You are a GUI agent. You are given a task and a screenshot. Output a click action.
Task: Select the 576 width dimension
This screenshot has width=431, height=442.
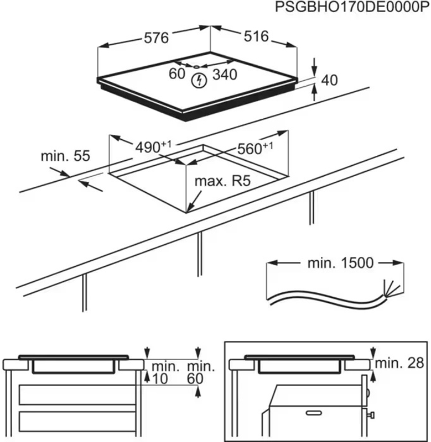(156, 38)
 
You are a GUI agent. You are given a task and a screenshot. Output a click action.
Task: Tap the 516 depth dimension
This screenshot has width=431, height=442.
(256, 36)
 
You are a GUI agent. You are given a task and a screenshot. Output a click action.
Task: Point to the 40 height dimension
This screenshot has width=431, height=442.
(329, 81)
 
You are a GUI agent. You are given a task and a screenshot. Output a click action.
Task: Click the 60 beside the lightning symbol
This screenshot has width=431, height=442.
(177, 74)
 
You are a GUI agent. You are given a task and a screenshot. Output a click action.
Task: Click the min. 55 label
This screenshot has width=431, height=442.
(65, 156)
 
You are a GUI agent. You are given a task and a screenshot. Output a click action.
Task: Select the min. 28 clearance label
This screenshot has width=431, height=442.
(400, 363)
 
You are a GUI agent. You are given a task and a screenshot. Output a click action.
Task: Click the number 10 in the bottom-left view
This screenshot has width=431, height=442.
(159, 378)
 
